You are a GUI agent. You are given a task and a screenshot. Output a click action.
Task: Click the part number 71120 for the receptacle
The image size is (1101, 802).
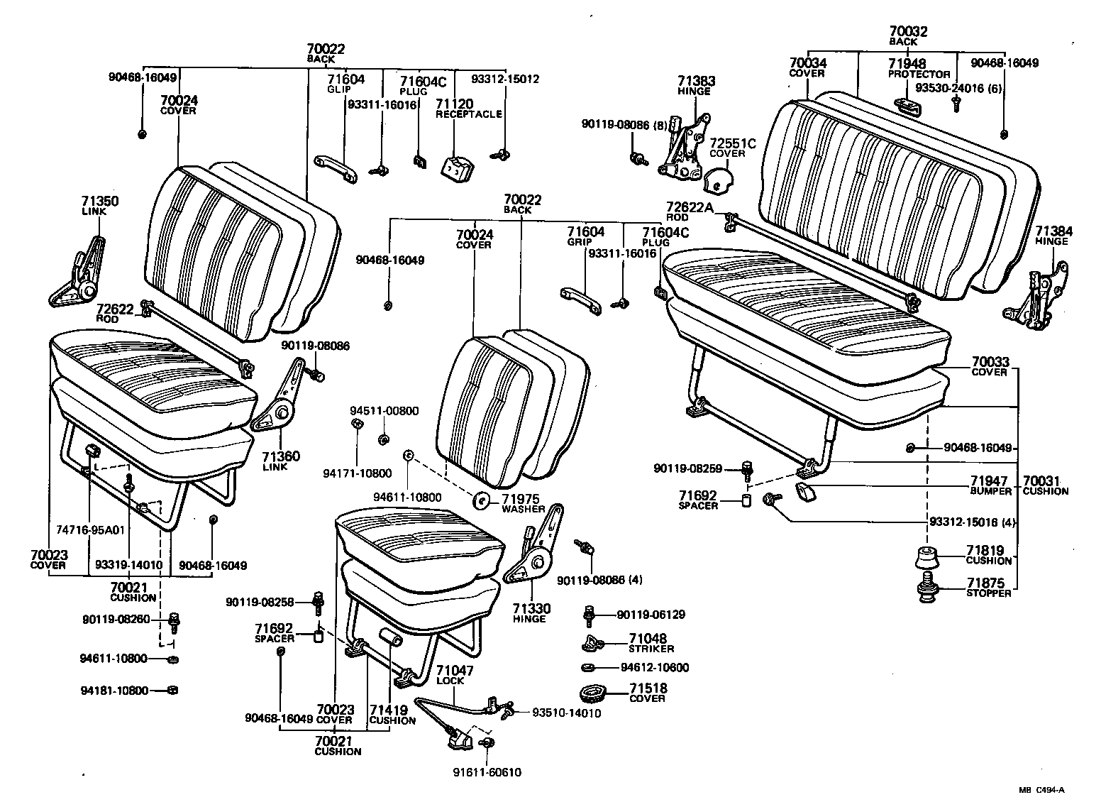(x=455, y=104)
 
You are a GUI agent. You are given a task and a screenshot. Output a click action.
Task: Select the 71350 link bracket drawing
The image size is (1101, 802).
(x=77, y=273)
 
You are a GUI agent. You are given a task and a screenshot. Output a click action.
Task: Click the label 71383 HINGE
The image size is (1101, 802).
(x=693, y=85)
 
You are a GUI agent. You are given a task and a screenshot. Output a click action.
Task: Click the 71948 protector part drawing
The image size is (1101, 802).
(x=909, y=106)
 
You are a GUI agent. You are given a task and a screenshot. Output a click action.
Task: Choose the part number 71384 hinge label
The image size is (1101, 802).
(x=1053, y=235)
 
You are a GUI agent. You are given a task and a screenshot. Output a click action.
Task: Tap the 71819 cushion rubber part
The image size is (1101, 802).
(x=926, y=558)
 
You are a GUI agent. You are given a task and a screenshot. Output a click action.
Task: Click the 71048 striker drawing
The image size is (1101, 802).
(x=592, y=644)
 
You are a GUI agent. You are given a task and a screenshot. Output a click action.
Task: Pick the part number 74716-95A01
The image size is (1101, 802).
(x=89, y=529)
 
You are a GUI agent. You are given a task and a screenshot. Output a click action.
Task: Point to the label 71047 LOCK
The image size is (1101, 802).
(x=454, y=675)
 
